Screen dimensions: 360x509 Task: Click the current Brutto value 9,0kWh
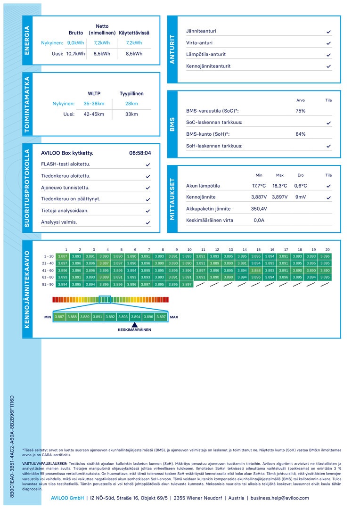pyautogui.click(x=76, y=43)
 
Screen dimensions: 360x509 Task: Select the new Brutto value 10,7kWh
pyautogui.click(x=76, y=54)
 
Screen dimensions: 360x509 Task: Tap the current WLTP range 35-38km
pyautogui.click(x=94, y=104)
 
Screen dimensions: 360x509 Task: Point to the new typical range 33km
pyautogui.click(x=131, y=114)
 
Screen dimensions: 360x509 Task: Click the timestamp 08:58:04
pyautogui.click(x=140, y=153)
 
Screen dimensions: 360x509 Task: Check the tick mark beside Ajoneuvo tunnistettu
pyautogui.click(x=147, y=188)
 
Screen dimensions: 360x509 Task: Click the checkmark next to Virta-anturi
pyautogui.click(x=328, y=43)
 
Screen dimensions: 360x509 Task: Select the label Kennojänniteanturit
pyautogui.click(x=208, y=66)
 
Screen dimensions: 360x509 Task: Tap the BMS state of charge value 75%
pyautogui.click(x=300, y=111)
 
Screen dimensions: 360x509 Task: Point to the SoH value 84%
pyautogui.click(x=300, y=134)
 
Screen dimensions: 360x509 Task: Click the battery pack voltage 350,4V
pyautogui.click(x=259, y=209)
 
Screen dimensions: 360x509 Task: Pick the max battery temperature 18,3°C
pyautogui.click(x=279, y=186)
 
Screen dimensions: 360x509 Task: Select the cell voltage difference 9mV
pyautogui.click(x=300, y=197)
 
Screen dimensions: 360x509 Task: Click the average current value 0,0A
pyautogui.click(x=259, y=221)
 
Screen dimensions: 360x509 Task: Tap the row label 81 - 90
pyautogui.click(x=48, y=284)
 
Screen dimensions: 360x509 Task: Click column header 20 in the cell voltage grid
pyautogui.click(x=327, y=250)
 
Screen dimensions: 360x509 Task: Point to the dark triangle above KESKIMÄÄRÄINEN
pyautogui.click(x=134, y=325)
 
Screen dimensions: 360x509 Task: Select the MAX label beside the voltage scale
pyautogui.click(x=174, y=317)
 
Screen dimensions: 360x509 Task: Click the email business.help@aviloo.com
pyautogui.click(x=279, y=498)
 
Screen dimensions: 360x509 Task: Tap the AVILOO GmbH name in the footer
pyautogui.click(x=67, y=498)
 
